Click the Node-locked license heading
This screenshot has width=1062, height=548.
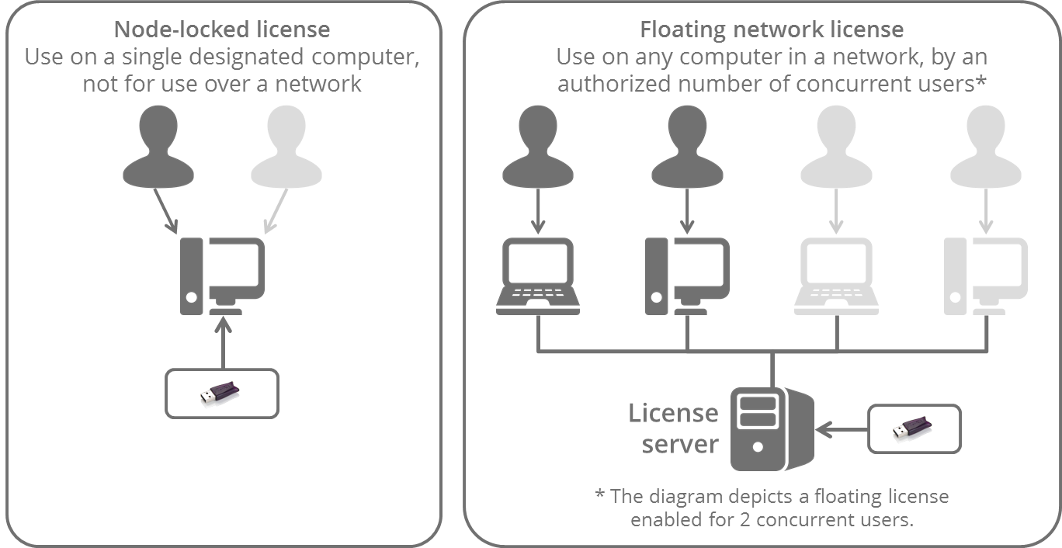click(x=221, y=29)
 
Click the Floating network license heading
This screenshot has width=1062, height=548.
click(x=771, y=29)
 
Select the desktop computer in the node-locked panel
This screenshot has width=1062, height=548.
click(x=222, y=276)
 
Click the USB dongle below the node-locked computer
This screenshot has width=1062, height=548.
click(x=221, y=393)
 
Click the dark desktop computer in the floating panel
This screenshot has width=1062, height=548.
click(x=687, y=276)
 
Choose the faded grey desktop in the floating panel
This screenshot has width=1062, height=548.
click(x=986, y=276)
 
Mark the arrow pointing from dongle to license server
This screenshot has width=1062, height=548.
click(x=841, y=428)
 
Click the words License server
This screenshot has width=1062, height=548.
click(x=673, y=428)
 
